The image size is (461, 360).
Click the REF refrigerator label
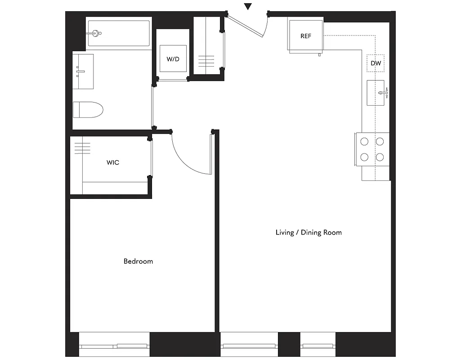click(305, 36)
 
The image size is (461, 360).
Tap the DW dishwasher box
click(376, 64)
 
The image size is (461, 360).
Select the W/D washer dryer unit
click(173, 59)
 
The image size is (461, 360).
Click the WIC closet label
click(113, 162)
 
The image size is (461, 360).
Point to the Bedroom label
click(138, 261)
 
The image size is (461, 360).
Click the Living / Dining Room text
click(309, 233)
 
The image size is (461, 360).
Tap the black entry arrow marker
click(248, 6)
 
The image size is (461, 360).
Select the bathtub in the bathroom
click(119, 33)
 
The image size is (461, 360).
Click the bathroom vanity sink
click(83, 72)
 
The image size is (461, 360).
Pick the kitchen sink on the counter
click(376, 93)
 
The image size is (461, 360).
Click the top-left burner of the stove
click(364, 141)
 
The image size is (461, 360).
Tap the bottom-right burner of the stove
click(380, 157)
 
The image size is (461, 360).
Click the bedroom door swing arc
click(184, 160)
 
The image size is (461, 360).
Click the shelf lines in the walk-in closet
click(82, 148)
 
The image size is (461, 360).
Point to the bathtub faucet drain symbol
click(96, 32)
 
